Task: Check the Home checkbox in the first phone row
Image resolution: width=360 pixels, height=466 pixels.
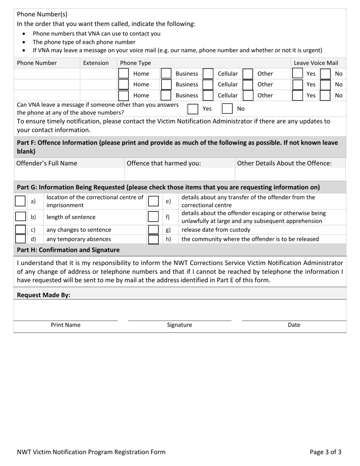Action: [124, 73]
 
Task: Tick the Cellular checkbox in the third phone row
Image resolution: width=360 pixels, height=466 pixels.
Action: [208, 95]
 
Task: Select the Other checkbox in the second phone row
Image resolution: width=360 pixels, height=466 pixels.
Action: [248, 84]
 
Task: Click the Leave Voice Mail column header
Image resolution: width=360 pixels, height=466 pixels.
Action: [316, 63]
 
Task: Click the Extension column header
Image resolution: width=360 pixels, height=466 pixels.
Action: [96, 63]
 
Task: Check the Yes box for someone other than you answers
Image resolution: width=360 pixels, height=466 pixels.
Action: [193, 109]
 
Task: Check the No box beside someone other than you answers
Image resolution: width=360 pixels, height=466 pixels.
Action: [227, 109]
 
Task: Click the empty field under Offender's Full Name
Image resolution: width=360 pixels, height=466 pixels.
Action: [69, 174]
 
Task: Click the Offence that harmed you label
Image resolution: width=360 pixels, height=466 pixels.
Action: [164, 163]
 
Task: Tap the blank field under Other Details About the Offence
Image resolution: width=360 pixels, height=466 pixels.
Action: [290, 174]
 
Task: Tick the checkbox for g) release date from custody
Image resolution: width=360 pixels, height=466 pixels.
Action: [153, 230]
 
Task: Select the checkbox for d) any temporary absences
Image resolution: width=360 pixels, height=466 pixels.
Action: [20, 239]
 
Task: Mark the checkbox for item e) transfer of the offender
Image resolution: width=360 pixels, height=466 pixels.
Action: [153, 201]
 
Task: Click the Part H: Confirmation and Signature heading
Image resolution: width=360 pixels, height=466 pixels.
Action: [69, 250]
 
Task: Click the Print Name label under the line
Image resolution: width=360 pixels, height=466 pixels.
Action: [66, 325]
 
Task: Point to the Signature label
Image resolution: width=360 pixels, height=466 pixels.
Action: [180, 325]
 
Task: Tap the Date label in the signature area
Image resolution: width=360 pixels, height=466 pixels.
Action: [294, 325]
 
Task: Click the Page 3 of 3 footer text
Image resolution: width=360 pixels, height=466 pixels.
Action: [325, 452]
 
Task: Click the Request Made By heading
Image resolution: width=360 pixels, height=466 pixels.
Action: [44, 295]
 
